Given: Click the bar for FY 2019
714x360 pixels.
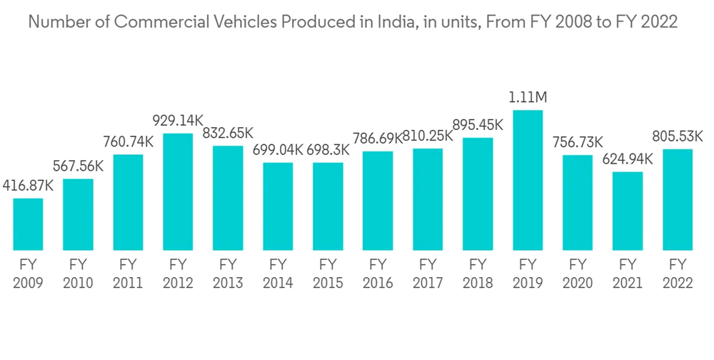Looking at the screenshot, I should click(x=528, y=180).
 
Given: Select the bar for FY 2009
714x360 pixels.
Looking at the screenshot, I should click(x=28, y=224).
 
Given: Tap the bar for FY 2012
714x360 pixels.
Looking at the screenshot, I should click(x=178, y=191).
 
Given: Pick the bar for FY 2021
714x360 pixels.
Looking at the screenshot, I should click(x=628, y=211).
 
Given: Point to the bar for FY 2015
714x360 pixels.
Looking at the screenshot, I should click(x=328, y=206).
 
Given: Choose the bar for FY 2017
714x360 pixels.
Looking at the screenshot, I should click(x=428, y=199).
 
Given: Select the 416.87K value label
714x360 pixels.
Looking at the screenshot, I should click(x=28, y=186).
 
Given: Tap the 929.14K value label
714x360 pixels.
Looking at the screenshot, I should click(x=178, y=121).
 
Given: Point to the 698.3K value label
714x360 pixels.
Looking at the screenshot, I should click(x=328, y=150).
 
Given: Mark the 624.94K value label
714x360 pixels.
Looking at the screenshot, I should click(x=628, y=159).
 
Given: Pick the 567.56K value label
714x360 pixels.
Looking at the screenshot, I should click(x=78, y=166).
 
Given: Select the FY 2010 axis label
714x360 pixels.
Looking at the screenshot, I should click(x=78, y=274).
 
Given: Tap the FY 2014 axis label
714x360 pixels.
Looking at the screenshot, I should click(x=278, y=274).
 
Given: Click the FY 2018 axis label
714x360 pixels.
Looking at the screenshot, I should click(x=478, y=274).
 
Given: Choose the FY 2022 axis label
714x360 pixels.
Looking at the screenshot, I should click(x=678, y=274).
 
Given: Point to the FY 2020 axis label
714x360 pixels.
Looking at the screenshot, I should click(x=578, y=274).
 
